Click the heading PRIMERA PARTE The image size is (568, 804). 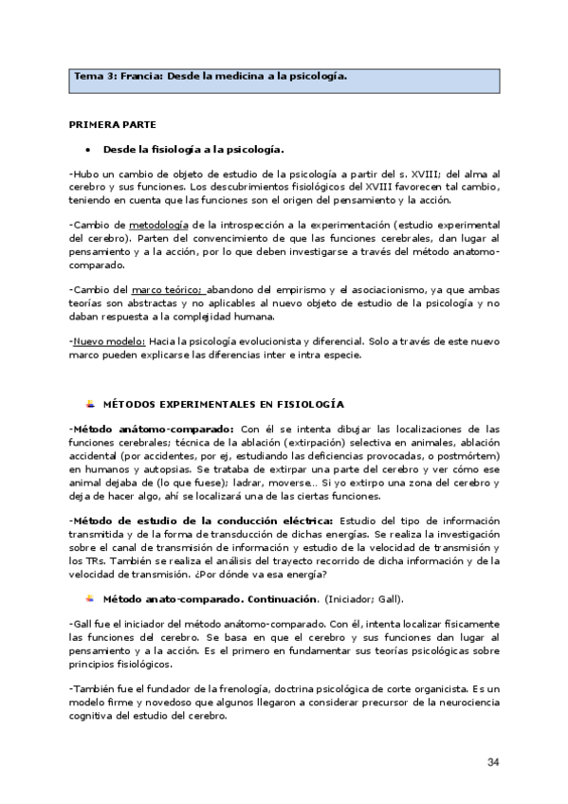113,124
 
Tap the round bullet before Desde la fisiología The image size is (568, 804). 87,150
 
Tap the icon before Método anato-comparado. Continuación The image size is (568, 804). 89,598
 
